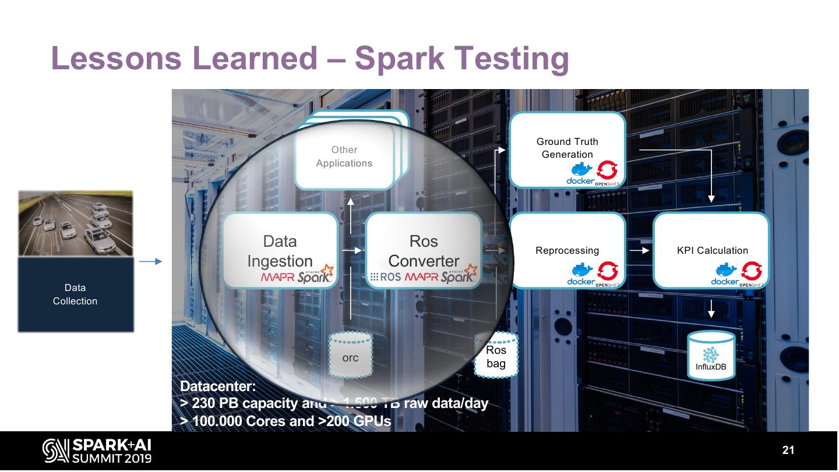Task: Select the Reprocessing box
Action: [567, 250]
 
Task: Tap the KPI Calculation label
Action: [712, 251]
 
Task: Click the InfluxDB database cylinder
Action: [711, 356]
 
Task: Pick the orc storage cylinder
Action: [350, 357]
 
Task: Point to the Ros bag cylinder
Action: [496, 356]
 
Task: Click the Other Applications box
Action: [344, 157]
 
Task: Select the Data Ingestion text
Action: [280, 251]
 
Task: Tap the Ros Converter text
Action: [424, 251]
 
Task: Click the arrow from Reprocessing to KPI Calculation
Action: [640, 251]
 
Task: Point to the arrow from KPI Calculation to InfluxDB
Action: [711, 309]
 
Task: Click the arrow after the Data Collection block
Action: [150, 262]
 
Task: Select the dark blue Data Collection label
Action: [75, 294]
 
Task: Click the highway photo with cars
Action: [75, 223]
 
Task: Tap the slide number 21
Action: [788, 450]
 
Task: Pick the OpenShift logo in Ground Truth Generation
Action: [608, 171]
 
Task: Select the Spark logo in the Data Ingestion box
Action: [315, 276]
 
